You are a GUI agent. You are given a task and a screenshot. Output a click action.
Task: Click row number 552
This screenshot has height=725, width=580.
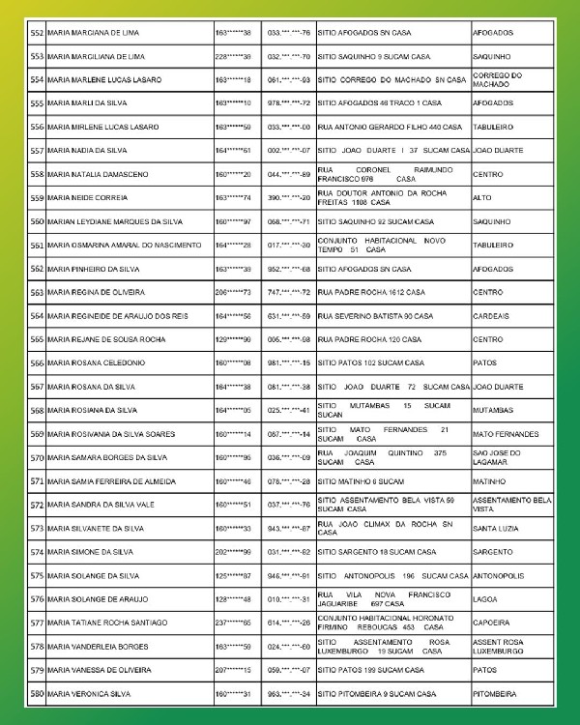pos(37,32)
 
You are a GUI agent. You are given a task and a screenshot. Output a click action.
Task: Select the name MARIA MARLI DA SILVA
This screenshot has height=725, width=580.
pos(87,102)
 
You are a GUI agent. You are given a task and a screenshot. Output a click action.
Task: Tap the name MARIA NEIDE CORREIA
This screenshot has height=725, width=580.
pos(85,197)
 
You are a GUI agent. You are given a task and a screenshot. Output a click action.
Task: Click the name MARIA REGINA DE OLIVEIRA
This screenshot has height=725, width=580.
pos(96,292)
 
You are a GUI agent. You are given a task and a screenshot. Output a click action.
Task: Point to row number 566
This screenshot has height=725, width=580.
pos(37,363)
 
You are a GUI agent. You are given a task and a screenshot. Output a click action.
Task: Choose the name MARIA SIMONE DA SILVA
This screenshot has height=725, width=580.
pos(90,553)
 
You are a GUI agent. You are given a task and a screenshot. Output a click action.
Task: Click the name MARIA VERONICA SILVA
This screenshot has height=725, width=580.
pos(88,695)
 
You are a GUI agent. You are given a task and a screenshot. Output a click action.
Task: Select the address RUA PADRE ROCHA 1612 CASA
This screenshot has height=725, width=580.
pos(371,292)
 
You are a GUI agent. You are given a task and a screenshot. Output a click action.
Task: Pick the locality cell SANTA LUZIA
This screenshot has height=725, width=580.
pos(495,529)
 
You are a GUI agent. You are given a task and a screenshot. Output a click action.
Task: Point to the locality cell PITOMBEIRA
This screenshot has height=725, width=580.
pos(494,695)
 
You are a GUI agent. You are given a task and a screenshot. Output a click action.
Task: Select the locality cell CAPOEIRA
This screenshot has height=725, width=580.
pos(491,623)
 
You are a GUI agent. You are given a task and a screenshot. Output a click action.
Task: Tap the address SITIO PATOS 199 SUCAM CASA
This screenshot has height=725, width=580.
pos(373,671)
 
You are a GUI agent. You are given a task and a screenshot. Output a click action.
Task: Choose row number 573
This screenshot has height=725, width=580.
pos(37,529)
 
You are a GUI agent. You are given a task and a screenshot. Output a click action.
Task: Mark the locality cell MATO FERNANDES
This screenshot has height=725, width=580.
pos(506,434)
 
